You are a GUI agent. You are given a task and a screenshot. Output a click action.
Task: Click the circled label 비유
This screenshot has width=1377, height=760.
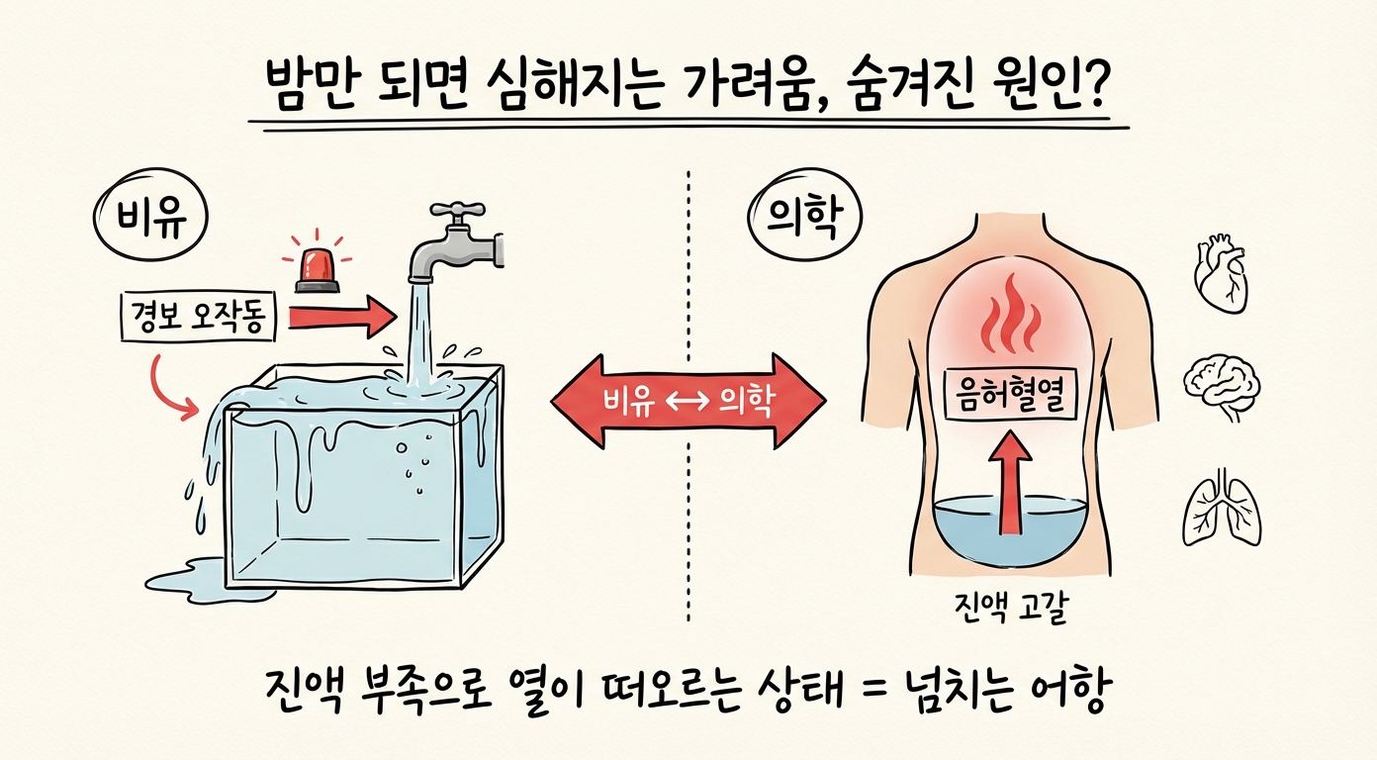click(x=148, y=220)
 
